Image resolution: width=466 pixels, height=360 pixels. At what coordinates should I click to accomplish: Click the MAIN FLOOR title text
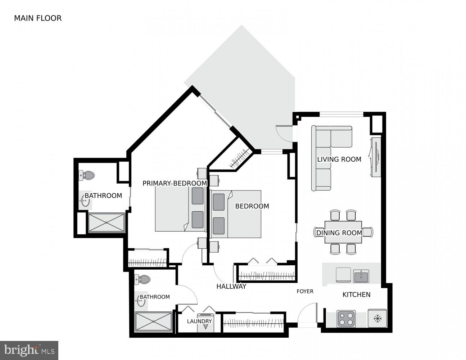coord(38,18)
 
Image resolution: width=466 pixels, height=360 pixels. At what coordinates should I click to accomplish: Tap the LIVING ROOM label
coord(339,159)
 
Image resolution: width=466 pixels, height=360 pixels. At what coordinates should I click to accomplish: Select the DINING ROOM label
coord(339,233)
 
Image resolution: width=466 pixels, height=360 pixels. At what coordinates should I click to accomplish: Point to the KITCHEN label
coord(356,294)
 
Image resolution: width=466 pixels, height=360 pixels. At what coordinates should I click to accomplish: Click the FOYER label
coord(305,291)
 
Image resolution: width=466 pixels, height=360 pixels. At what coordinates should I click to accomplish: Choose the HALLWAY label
coord(231,287)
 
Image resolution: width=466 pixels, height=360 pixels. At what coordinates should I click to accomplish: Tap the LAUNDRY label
coord(199,321)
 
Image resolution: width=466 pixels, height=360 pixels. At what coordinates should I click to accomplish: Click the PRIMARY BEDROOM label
coord(175,183)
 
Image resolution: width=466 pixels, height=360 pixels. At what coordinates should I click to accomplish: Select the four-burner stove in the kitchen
coord(346,319)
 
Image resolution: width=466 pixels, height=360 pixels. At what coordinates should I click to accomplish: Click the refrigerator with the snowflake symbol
coord(377,319)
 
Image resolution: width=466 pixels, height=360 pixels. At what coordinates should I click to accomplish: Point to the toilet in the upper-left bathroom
coord(87,176)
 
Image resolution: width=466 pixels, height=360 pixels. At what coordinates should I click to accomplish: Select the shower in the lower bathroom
coord(154,321)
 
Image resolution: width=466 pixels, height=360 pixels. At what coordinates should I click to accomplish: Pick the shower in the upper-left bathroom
coord(107,222)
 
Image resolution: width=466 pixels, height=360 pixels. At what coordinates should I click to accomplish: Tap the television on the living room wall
coord(376,157)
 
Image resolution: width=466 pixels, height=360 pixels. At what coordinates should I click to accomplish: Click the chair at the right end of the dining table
coord(368,232)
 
